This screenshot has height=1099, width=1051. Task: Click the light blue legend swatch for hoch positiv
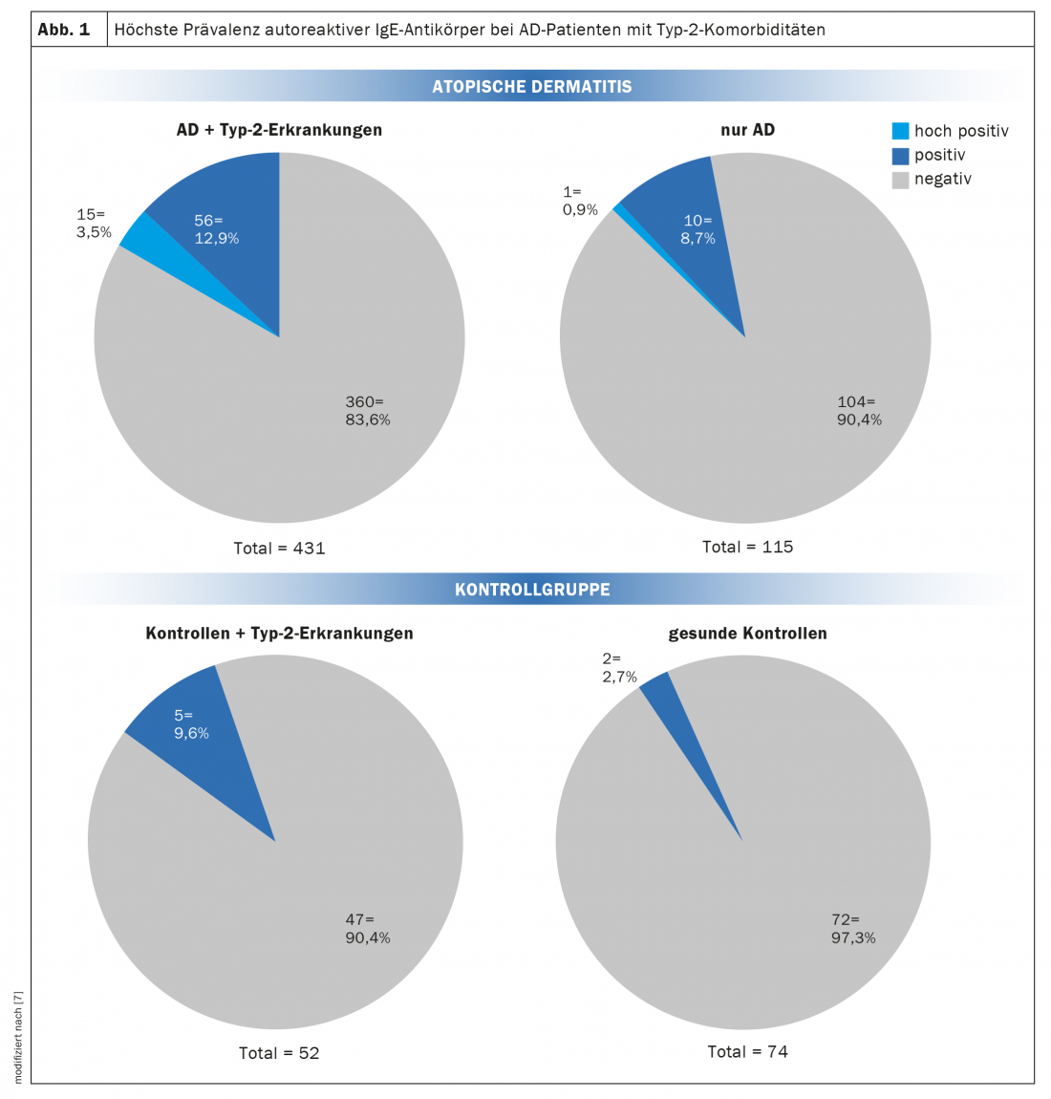pyautogui.click(x=900, y=131)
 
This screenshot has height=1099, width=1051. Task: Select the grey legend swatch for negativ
pyautogui.click(x=900, y=179)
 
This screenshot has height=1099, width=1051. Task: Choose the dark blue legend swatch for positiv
pyautogui.click(x=900, y=155)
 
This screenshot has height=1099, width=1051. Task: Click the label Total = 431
pyautogui.click(x=279, y=549)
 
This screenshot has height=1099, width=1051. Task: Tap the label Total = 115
pyautogui.click(x=747, y=548)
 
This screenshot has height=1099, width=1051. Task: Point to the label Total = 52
pyautogui.click(x=279, y=1053)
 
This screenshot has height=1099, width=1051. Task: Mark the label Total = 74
pyautogui.click(x=747, y=1052)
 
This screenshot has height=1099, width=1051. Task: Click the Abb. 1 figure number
pyautogui.click(x=64, y=30)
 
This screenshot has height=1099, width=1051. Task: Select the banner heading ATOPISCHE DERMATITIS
pyautogui.click(x=532, y=87)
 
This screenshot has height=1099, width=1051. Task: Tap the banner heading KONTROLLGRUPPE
pyautogui.click(x=532, y=590)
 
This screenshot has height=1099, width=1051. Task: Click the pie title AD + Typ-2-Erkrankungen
pyautogui.click(x=279, y=130)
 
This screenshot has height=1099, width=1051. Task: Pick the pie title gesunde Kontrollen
pyautogui.click(x=747, y=634)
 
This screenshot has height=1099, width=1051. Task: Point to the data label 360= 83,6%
pyautogui.click(x=368, y=411)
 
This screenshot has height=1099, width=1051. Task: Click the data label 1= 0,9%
pyautogui.click(x=579, y=202)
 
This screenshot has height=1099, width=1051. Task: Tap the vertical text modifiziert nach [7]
pyautogui.click(x=18, y=1038)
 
